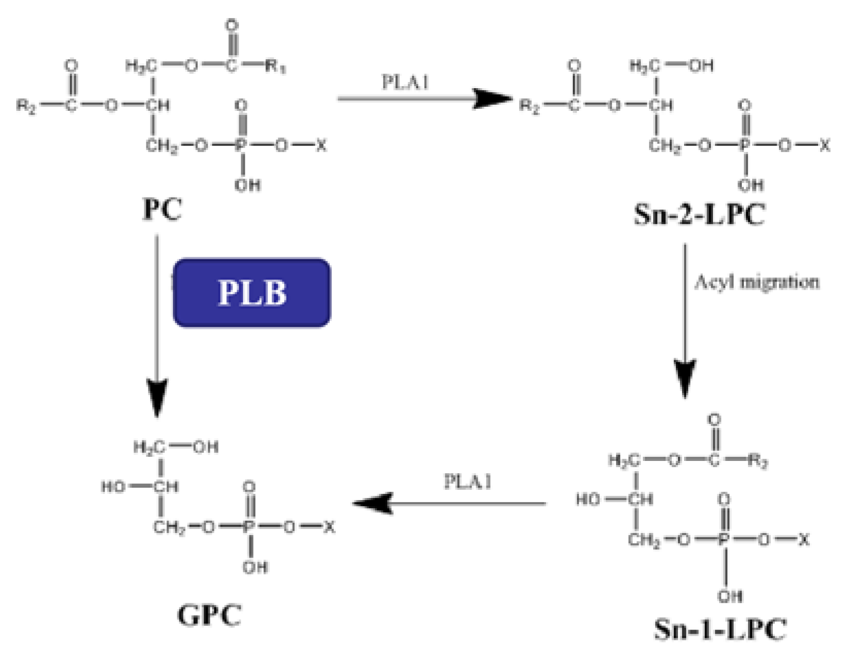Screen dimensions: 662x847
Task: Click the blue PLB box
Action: coord(251,293)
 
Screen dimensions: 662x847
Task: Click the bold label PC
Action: coord(162,210)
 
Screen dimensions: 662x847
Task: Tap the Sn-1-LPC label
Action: coord(720,628)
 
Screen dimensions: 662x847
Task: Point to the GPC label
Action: coord(209,615)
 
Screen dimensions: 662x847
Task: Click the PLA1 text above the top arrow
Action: coord(405,82)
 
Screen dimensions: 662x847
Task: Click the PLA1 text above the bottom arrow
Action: coord(468,482)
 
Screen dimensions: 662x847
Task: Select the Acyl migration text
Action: coord(756,282)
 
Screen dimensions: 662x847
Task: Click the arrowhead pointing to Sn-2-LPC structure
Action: coord(492,98)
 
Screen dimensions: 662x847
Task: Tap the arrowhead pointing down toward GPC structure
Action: coord(157,397)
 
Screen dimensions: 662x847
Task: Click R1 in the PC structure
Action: coord(276,66)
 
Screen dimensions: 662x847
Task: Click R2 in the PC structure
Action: coord(26,106)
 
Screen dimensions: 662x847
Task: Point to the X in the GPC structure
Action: coord(329,527)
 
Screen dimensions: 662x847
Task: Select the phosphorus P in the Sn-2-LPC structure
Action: coord(744,146)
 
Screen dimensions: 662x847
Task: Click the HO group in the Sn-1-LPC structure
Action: coord(588,499)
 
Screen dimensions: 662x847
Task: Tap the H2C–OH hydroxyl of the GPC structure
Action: coord(206,446)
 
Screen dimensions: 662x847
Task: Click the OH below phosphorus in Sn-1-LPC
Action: coord(730,597)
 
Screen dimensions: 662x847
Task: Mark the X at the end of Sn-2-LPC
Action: coord(825,146)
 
